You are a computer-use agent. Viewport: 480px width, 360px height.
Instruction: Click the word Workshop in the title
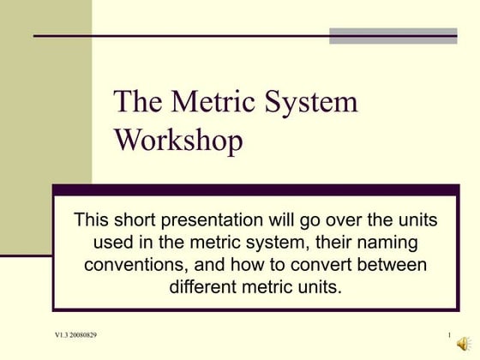point(178,139)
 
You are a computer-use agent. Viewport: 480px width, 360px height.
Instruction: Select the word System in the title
point(305,103)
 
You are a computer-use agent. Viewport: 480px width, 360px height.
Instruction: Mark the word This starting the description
point(93,220)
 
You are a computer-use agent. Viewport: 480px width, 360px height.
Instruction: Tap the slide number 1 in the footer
point(449,333)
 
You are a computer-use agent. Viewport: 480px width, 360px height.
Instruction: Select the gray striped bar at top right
point(393,35)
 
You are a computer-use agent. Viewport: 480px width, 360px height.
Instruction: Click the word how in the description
point(249,263)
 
